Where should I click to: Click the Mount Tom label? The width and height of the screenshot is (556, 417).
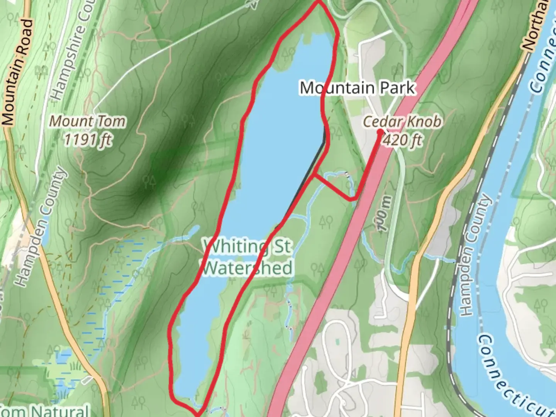pos(88,121)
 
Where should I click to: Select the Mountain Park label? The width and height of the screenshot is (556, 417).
pos(358,88)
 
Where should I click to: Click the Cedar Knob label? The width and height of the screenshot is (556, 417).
pos(402,122)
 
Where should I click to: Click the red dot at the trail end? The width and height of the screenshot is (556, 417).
pos(380,132)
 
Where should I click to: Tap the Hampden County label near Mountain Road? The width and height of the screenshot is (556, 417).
pos(41,228)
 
